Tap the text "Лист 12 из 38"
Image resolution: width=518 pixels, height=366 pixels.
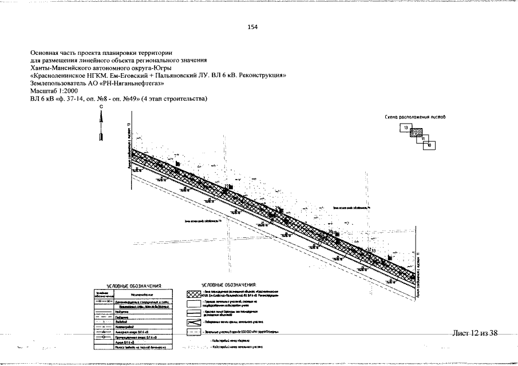(x=474, y=333)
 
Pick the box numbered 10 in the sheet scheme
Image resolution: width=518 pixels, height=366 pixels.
(x=429, y=145)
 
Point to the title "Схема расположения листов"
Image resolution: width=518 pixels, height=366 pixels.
(x=416, y=117)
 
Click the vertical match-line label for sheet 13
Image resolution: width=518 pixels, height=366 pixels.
(x=129, y=146)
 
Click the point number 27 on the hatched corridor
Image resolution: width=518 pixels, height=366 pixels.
(x=227, y=186)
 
